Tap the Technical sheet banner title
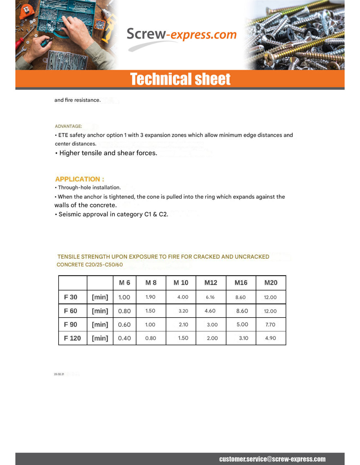tap(180, 79)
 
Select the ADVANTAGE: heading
tap(68, 126)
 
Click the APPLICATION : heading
tap(80, 179)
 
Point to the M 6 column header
tap(124, 283)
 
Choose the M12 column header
tap(211, 283)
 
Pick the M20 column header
tap(271, 283)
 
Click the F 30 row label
tap(71, 297)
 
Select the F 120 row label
tap(72, 338)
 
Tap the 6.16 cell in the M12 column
tap(210, 297)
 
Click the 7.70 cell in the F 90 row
tap(270, 325)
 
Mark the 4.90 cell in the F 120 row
tap(271, 338)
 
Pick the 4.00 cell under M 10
tap(183, 297)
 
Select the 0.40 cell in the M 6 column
tap(124, 338)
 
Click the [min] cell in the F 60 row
tap(100, 311)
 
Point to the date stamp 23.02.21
tap(59, 374)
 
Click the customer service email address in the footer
tap(272, 459)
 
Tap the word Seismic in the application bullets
tap(69, 215)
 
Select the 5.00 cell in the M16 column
tap(242, 325)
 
